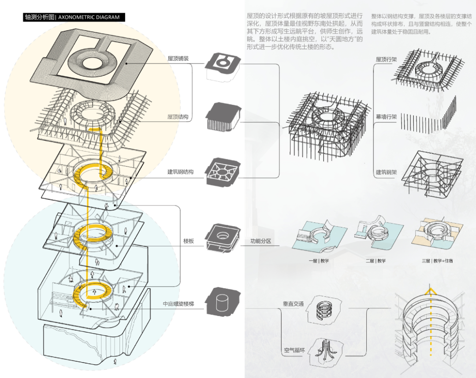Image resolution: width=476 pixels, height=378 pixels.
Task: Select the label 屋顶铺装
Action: pyautogui.click(x=178, y=58)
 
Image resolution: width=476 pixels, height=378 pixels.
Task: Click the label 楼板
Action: pyautogui.click(x=189, y=241)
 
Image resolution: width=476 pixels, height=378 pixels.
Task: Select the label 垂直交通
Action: pyautogui.click(x=294, y=304)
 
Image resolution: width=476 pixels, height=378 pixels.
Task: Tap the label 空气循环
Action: pyautogui.click(x=294, y=351)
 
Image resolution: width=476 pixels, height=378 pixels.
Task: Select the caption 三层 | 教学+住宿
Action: pyautogui.click(x=437, y=261)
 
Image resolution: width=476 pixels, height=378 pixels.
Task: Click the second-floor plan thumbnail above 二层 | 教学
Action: pyautogui.click(x=378, y=233)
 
